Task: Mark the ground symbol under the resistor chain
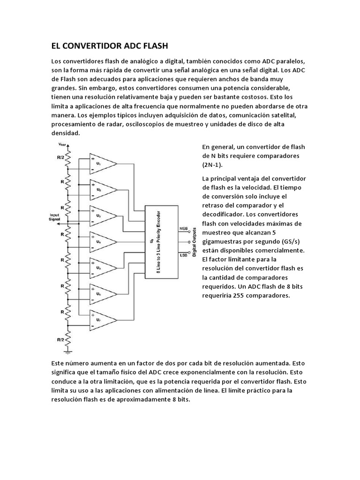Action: coord(68,349)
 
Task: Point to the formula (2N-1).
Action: coord(213,165)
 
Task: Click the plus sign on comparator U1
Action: coord(94,158)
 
